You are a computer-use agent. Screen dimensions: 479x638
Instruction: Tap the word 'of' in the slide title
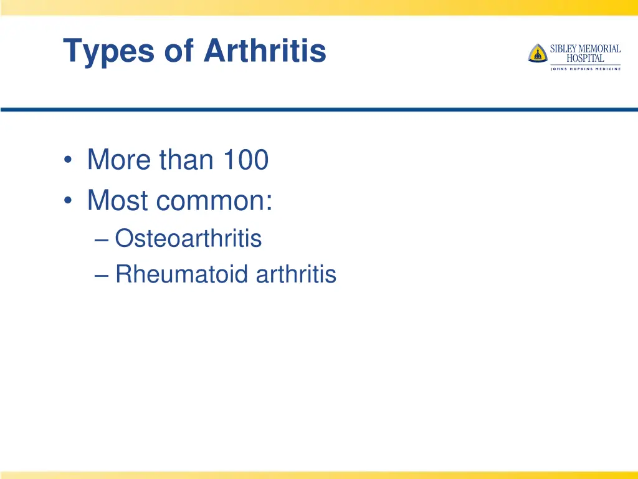coord(179,51)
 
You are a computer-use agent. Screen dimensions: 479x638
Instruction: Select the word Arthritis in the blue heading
coord(265,51)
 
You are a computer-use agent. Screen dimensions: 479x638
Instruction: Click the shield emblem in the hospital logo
coord(537,53)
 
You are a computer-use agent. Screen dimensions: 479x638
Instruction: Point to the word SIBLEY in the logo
coord(564,49)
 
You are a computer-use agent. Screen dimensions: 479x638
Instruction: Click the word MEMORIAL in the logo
coord(601,49)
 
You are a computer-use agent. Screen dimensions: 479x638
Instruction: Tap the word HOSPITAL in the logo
coord(585,59)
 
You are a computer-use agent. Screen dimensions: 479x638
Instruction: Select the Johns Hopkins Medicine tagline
coord(585,69)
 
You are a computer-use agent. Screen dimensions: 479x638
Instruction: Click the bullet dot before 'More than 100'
coord(68,161)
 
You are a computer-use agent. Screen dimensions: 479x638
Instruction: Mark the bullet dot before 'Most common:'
coord(68,201)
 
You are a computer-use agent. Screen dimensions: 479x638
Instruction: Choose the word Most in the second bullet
coord(118,200)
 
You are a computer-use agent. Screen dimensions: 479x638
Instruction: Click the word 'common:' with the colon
coord(214,201)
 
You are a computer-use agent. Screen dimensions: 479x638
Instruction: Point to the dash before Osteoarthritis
coord(104,239)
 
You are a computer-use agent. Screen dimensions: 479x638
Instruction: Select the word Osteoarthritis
coord(188,238)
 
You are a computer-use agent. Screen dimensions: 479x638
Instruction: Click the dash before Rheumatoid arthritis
coord(104,275)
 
